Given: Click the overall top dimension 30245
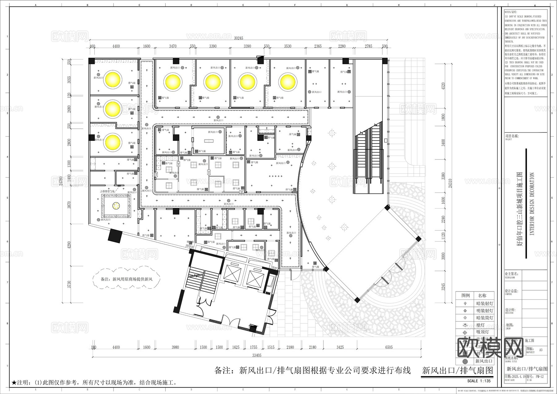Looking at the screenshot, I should pos(239,38).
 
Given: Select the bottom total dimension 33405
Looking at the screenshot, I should pos(257,355).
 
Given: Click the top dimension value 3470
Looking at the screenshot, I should pos(173,46).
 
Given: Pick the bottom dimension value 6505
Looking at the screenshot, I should pos(389,347).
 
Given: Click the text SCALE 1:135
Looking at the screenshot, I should pos(479,381).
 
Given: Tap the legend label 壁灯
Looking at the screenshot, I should pos(481,325).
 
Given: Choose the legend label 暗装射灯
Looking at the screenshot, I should pos(484,304).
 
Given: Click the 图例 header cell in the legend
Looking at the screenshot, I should pos(465,296).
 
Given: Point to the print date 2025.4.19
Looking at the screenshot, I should pos(516,377).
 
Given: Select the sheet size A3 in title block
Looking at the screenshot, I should pos(541,350).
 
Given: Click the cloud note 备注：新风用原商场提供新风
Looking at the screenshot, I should pos(127,279).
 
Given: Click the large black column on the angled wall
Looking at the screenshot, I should pos(115,236).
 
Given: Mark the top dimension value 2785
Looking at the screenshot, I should pos(368,46).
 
